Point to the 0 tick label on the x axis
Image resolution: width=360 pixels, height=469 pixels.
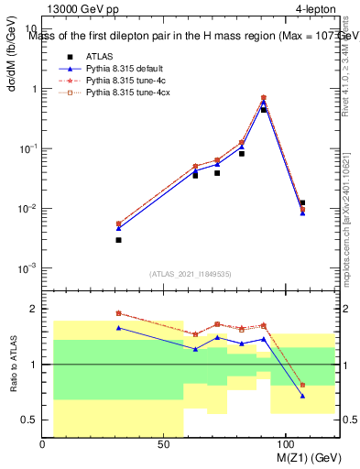coord(43,444)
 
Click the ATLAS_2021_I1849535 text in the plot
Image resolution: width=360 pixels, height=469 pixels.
coord(190,273)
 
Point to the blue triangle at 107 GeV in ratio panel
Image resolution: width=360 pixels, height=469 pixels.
coord(302,396)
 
